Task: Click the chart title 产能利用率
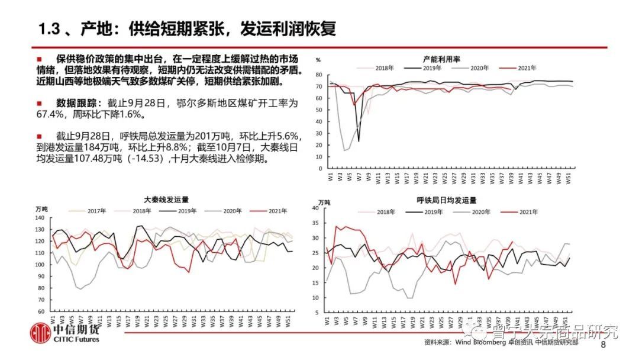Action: coord(442,59)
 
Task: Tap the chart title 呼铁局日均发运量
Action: coord(447,201)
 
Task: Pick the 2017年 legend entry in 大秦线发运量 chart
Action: coord(96,211)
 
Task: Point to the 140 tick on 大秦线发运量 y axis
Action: coord(40,218)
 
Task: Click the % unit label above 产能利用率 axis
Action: coord(318,60)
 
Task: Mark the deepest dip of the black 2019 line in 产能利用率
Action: coord(359,141)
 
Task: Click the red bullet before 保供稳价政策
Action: coord(39,59)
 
